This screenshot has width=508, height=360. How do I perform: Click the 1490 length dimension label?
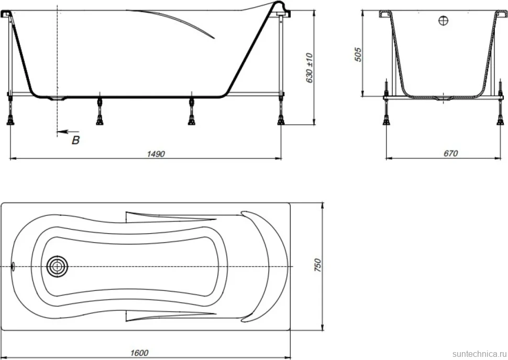(156, 154)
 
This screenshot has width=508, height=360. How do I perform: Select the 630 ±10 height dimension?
(310, 68)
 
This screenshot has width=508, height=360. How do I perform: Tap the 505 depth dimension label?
(358, 54)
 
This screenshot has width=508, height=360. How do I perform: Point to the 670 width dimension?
(451, 153)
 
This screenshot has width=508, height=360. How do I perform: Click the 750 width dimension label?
(318, 265)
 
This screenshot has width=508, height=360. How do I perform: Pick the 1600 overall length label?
(139, 353)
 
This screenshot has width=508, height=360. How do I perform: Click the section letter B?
(76, 140)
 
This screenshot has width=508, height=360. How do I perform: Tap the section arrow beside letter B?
(68, 132)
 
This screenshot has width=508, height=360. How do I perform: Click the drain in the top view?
(57, 267)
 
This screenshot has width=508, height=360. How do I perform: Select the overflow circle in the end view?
(443, 21)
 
